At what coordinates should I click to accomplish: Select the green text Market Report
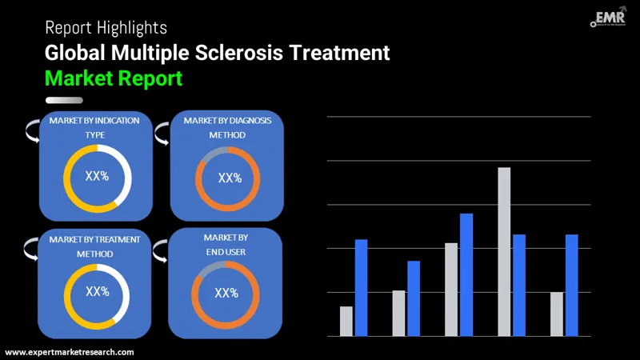point(114,78)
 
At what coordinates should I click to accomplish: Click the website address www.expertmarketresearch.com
point(70,352)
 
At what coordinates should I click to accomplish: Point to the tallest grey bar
point(504,251)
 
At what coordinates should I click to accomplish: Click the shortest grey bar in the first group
point(346,321)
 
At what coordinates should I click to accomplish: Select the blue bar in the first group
point(361,287)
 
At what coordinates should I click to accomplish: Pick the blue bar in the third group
point(466,274)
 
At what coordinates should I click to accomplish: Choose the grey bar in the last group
point(557,314)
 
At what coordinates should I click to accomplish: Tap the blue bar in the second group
point(414,298)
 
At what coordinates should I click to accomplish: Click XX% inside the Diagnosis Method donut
point(229,178)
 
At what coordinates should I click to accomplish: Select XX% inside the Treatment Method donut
point(98,292)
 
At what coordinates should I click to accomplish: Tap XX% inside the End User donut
point(226,293)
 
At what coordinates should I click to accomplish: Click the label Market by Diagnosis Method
point(227,127)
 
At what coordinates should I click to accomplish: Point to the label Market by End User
point(226,245)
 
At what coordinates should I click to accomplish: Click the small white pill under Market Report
point(64,100)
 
